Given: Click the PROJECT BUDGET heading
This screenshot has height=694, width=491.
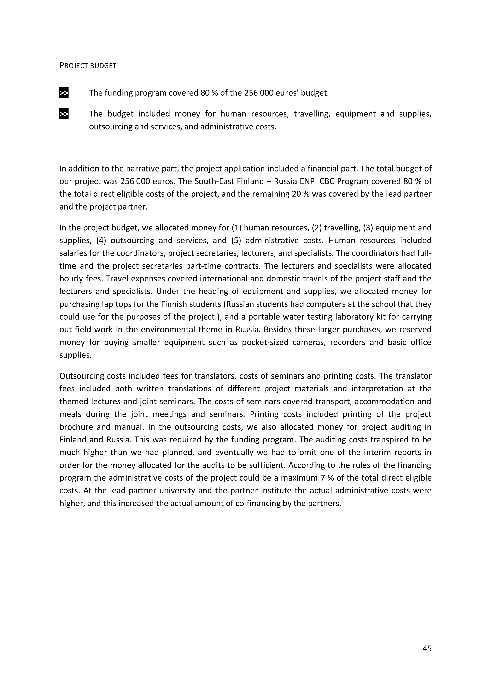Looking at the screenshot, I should (88, 66).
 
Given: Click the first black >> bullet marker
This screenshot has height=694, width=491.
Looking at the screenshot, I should (64, 93).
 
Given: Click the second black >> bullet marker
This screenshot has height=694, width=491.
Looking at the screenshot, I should (64, 114).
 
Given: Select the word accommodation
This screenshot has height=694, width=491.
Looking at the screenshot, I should (385, 401).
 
